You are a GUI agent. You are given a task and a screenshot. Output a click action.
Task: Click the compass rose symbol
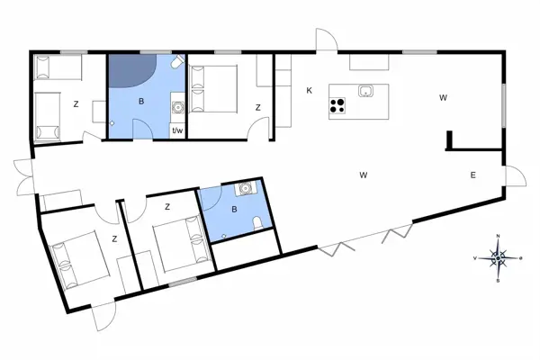point(498,258)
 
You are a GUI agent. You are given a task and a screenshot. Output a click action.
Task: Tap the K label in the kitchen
point(310,91)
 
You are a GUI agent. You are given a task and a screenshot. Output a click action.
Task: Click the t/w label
point(177,130)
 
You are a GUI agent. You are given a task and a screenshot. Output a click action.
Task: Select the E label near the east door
point(472,175)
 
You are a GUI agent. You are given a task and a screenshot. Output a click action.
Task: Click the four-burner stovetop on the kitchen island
point(337,105)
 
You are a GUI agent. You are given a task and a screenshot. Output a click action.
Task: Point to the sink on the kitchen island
point(365,91)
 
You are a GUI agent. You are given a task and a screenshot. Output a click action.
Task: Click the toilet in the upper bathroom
point(178,60)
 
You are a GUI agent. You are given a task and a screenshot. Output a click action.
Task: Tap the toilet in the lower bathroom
point(257,223)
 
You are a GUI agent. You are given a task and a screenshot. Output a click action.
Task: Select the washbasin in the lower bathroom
point(245,188)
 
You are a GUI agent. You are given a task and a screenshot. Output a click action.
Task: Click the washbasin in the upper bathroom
point(178,107)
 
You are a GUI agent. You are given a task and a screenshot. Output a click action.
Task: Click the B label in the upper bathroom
point(141,102)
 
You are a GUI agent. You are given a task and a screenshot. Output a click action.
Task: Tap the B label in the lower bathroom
point(235,209)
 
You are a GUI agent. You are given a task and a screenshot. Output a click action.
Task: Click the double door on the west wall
point(24,177)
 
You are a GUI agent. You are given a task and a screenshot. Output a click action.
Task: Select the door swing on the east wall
point(516,176)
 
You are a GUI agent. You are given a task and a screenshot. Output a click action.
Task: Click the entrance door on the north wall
point(327,40)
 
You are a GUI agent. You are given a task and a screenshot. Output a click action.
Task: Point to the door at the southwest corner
point(103,316)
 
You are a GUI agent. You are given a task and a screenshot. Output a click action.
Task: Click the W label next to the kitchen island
point(443,98)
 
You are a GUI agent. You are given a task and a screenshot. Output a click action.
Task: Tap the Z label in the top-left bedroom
point(76,103)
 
